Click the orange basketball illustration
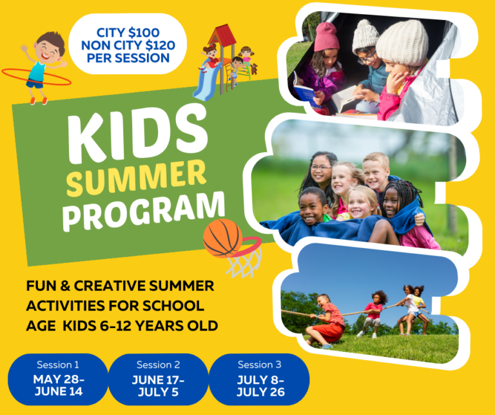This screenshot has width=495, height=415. pos(222,238)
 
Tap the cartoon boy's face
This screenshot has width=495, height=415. pos(48,48)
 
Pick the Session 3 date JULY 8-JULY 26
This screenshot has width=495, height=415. pos(259,386)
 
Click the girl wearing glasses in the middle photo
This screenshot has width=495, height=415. pos(320,169)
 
